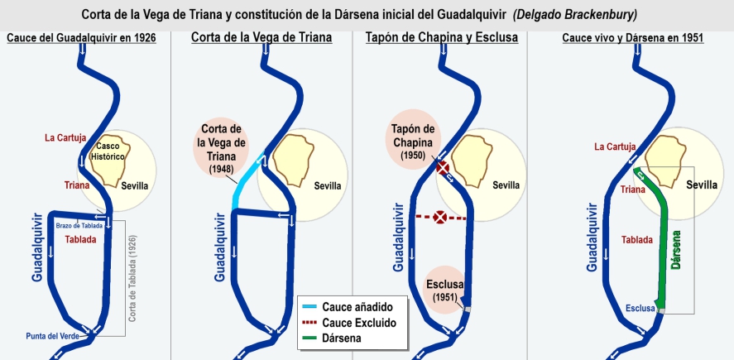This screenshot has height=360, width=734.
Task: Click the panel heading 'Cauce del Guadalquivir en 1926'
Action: coord(81,38)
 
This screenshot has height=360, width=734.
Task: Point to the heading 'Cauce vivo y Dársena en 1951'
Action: coord(632,38)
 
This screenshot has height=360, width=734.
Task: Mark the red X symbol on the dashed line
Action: coord(441,218)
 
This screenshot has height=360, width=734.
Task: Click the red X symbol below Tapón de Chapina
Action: coord(443,169)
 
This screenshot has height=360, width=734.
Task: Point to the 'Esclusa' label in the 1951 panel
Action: coord(640,309)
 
